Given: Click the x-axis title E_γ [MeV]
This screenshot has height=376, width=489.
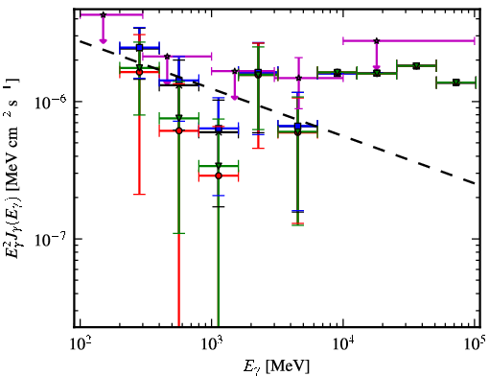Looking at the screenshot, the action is [x=276, y=366].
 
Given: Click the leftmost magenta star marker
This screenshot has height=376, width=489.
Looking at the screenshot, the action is [x=103, y=14].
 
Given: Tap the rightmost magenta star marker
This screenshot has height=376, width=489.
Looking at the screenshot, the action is [x=377, y=41].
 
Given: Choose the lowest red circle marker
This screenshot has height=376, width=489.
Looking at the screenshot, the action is [x=219, y=176].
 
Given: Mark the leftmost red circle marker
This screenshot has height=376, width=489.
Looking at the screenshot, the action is [x=139, y=72].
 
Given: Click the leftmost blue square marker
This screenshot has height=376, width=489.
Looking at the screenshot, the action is [x=139, y=48].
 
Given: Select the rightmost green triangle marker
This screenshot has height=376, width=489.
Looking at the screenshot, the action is [x=456, y=82].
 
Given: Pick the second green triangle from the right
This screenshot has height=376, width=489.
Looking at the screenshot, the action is [x=416, y=66].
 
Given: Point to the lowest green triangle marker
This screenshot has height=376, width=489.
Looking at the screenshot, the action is [x=219, y=166].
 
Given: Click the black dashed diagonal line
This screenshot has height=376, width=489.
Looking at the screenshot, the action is [x=278, y=112].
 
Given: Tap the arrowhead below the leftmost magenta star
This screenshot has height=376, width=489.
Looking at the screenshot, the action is [x=103, y=40].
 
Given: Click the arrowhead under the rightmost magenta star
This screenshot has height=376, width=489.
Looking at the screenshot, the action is [x=377, y=67].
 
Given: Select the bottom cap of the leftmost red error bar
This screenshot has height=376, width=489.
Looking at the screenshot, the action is [x=139, y=194].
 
